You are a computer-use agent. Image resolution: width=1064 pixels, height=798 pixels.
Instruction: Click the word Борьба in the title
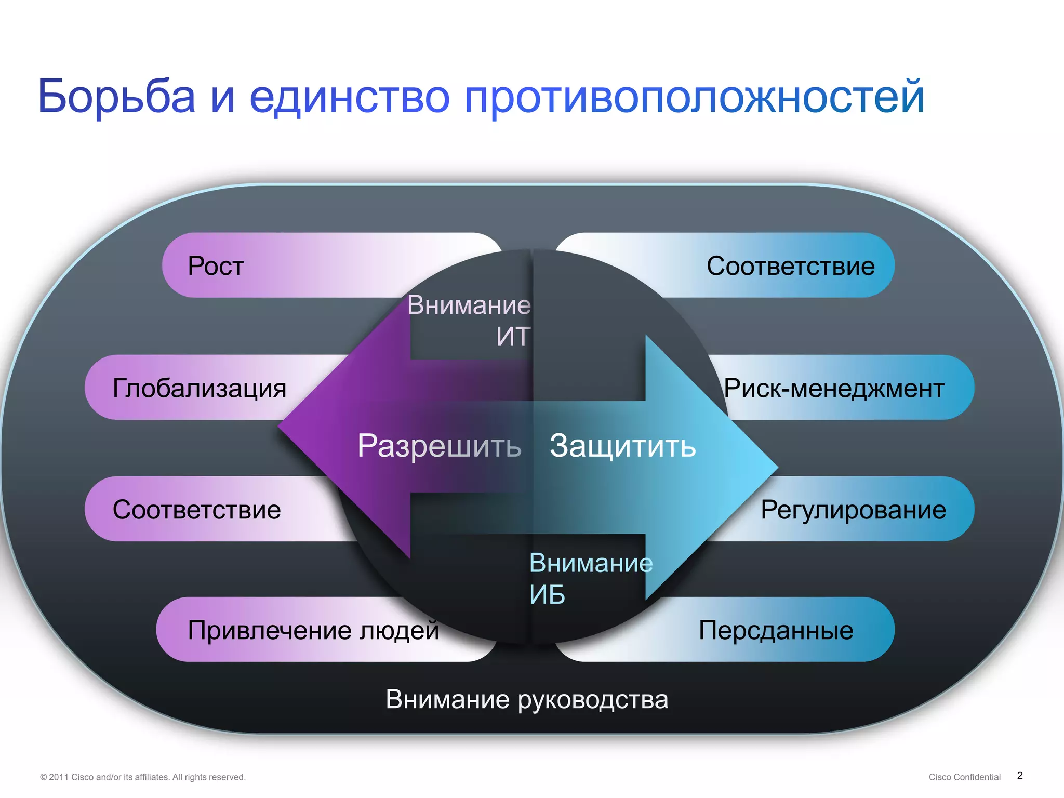coord(116,96)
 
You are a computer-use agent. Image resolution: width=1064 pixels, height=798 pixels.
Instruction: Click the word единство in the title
coord(349,96)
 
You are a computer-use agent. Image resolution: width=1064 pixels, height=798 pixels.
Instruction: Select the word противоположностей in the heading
coord(694,97)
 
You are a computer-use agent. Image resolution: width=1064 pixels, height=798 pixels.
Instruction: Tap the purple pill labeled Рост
coord(215,265)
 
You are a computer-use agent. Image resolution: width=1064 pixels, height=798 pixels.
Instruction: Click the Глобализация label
coord(199,388)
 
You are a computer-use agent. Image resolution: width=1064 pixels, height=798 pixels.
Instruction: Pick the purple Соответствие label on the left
coord(196,510)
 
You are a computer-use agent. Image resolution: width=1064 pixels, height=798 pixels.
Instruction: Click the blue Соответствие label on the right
coord(790,265)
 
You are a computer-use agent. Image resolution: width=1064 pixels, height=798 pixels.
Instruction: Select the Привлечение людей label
coord(313,630)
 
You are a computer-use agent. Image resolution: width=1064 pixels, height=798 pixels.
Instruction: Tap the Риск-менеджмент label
coord(834,388)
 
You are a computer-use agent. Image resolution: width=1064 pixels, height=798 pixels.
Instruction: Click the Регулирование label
coord(853,510)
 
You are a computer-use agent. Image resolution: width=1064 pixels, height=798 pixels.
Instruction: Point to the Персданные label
coord(776,630)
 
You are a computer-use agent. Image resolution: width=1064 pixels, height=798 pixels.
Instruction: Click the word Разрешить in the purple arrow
coord(439,446)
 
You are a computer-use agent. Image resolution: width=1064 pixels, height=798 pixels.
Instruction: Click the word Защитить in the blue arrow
coord(622,446)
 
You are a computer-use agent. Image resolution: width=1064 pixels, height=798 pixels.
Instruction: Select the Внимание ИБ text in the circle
coord(590,578)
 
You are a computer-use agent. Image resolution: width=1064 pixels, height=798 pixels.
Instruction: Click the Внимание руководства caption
coord(527,699)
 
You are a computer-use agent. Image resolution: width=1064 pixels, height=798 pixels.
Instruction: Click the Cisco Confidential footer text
coord(964,777)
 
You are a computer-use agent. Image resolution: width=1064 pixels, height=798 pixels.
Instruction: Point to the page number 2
coord(1020,775)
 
